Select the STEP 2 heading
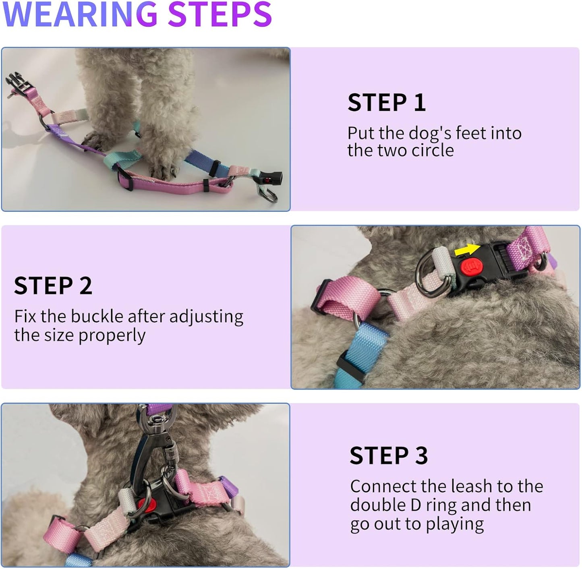pyautogui.click(x=53, y=286)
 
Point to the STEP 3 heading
pyautogui.click(x=389, y=456)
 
